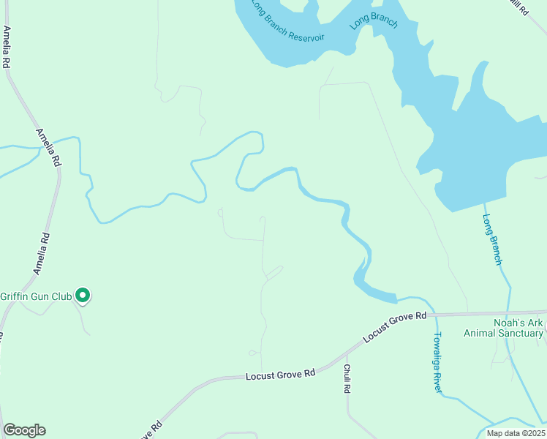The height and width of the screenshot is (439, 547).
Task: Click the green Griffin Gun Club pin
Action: pyautogui.click(x=83, y=295)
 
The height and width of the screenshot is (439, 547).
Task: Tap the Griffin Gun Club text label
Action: pyautogui.click(x=36, y=296)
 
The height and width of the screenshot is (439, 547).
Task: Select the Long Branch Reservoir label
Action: pyautogui.click(x=287, y=23)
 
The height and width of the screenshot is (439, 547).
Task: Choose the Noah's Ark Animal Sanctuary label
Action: pyautogui.click(x=504, y=328)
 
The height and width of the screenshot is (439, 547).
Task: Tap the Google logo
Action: pyautogui.click(x=24, y=430)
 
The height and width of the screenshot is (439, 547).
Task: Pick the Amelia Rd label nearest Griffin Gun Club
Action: pyautogui.click(x=42, y=253)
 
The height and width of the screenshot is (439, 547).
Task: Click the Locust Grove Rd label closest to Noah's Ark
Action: pyautogui.click(x=396, y=326)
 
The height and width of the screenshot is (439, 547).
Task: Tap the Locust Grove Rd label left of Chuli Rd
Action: pyautogui.click(x=280, y=374)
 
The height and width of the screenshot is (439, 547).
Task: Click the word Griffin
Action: pyautogui.click(x=14, y=296)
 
